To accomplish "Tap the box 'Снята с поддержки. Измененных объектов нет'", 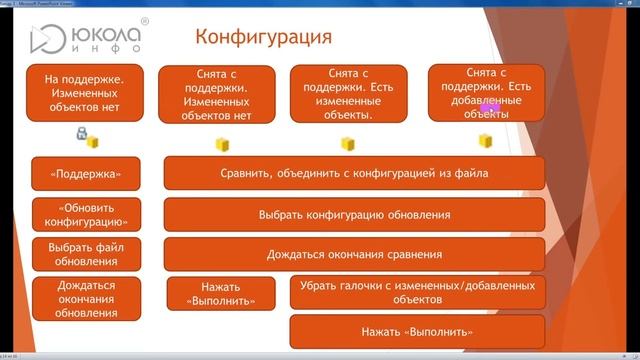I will pos(216,94).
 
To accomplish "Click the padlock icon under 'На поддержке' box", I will pos(81,134).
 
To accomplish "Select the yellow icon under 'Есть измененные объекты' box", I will pos(348,144).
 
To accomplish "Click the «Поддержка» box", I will pos(79,173).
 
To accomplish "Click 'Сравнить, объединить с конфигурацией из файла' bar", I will pos(354,173).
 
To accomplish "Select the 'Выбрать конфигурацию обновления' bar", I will pos(354,214).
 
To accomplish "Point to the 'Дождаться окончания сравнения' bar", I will pos(354,254).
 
